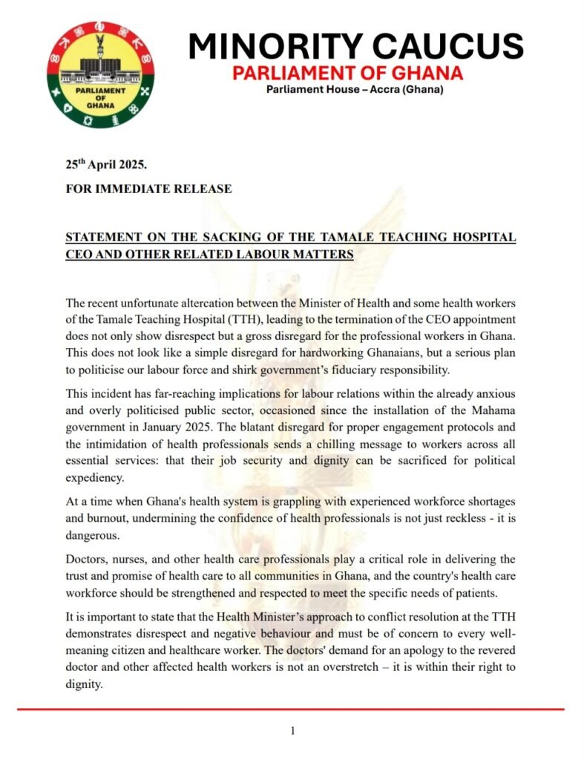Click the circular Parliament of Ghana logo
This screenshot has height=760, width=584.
tap(100, 74)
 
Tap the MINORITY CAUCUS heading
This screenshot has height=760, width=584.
tap(355, 47)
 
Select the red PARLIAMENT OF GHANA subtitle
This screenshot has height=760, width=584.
tap(348, 73)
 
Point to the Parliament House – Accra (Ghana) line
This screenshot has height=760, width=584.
tap(355, 91)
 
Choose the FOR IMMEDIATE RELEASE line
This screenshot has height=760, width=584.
tap(148, 189)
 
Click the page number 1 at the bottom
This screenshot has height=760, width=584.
tap(292, 731)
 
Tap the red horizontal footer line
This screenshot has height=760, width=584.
tap(292, 710)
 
